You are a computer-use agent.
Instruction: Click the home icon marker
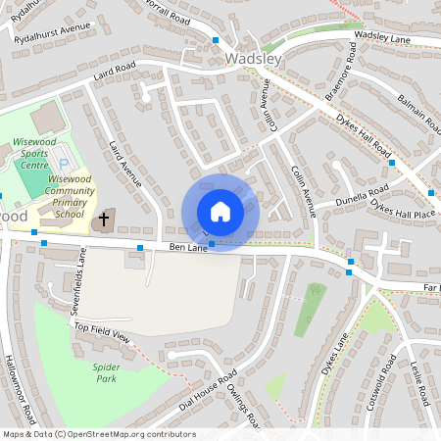(x=220, y=213)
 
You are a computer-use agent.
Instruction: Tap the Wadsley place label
(x=253, y=59)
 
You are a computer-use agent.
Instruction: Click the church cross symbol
(x=104, y=219)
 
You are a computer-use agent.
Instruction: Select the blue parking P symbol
(x=65, y=163)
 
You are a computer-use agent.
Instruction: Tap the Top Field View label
(x=102, y=331)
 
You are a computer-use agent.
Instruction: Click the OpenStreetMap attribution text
(x=98, y=434)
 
